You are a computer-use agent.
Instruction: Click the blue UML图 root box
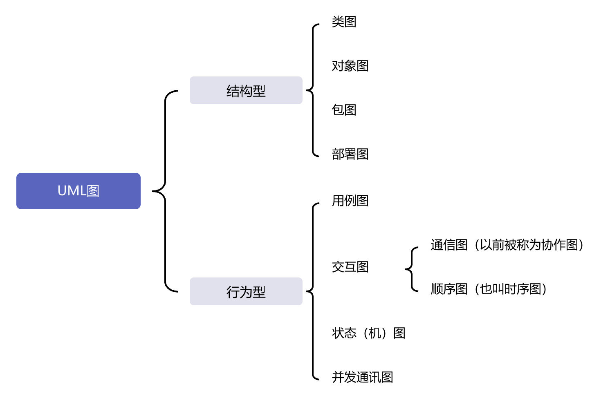click(x=78, y=191)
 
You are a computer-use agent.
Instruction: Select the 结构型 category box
click(x=246, y=90)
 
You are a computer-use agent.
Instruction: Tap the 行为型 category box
click(x=246, y=291)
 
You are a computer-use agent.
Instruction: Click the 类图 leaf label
click(x=344, y=22)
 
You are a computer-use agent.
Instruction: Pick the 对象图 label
click(x=350, y=66)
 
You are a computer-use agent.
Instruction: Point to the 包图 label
click(x=344, y=110)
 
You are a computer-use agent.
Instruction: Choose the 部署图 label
click(x=350, y=154)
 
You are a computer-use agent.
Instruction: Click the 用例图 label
click(x=350, y=201)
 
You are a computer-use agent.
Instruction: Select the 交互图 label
click(x=350, y=267)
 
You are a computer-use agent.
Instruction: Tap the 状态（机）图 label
click(x=368, y=333)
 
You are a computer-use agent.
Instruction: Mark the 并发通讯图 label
click(x=362, y=377)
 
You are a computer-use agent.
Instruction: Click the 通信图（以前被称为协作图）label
click(x=507, y=245)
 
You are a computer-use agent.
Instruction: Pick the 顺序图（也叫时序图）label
click(x=489, y=289)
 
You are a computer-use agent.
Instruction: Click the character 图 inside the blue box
click(x=93, y=191)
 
